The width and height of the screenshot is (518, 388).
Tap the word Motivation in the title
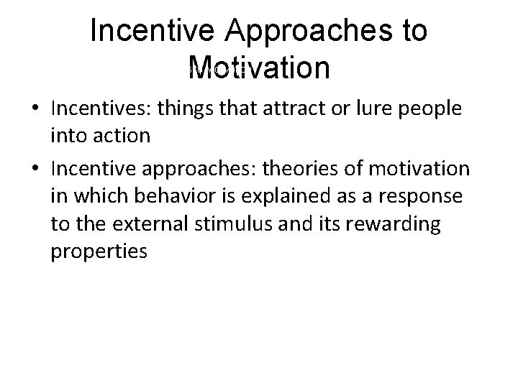[x=258, y=69]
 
